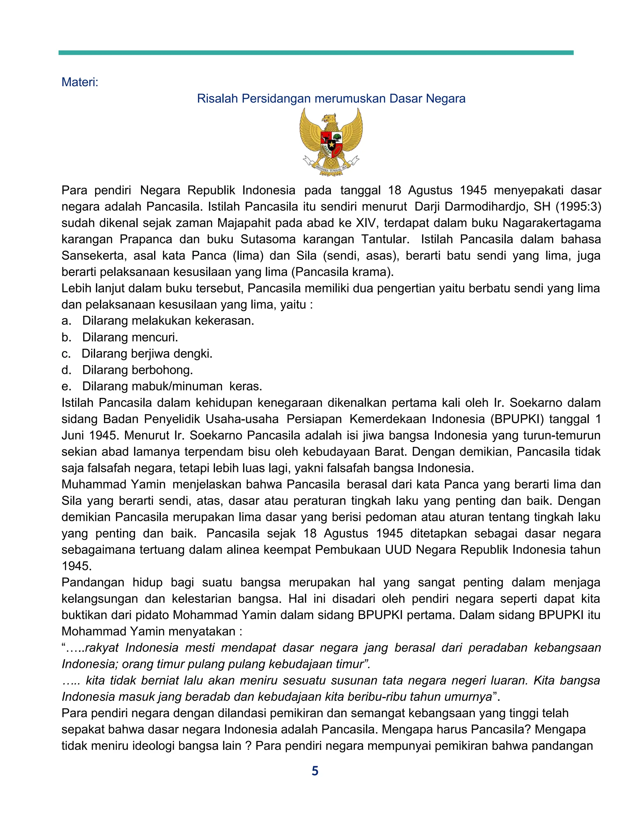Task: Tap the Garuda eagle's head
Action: (329, 119)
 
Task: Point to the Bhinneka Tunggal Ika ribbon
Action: (331, 168)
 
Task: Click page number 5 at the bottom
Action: (315, 771)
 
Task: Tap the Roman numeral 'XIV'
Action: (367, 223)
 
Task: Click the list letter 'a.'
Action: (66, 321)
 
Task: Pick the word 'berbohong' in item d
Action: (162, 370)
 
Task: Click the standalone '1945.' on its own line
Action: (77, 566)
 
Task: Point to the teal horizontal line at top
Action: (316, 53)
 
